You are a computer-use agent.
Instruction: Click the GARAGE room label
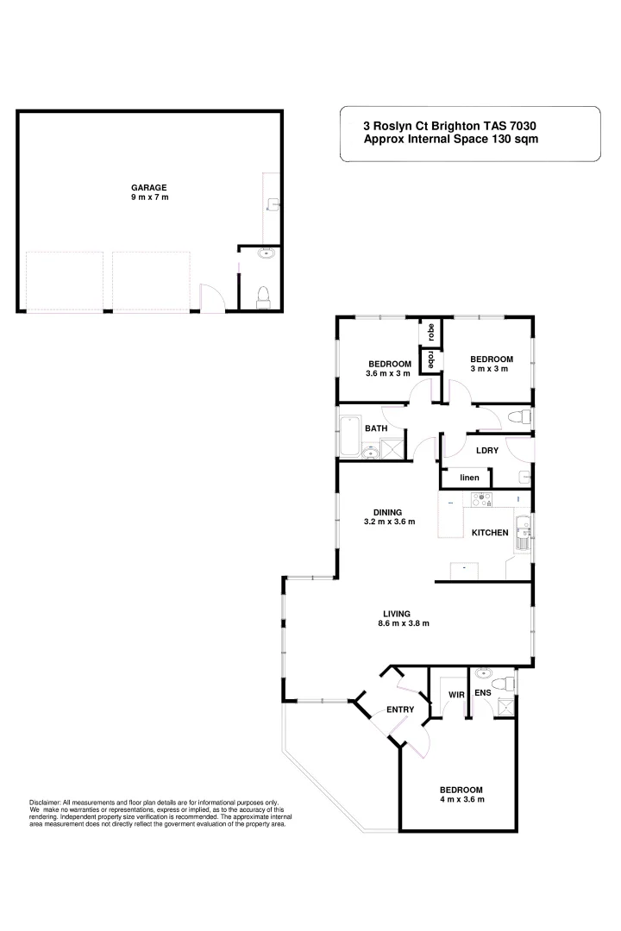(x=148, y=187)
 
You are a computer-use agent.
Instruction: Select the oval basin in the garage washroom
(x=267, y=253)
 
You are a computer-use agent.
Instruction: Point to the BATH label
(x=375, y=428)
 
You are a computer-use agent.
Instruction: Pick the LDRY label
(x=487, y=449)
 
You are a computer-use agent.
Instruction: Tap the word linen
(x=468, y=478)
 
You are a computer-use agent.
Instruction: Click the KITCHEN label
(x=489, y=533)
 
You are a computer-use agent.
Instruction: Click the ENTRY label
(x=400, y=709)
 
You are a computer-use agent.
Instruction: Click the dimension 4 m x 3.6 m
(x=461, y=800)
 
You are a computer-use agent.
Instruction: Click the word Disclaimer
(x=45, y=802)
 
